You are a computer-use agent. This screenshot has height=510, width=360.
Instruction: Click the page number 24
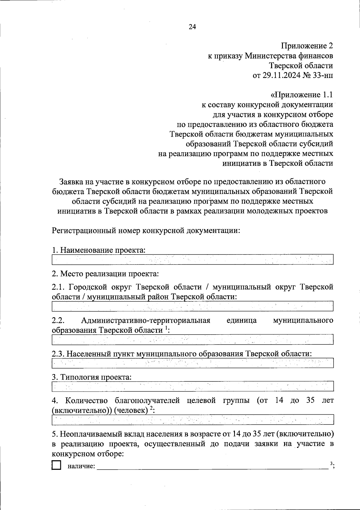point(192,27)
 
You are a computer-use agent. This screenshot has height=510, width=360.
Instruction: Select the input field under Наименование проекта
point(193,260)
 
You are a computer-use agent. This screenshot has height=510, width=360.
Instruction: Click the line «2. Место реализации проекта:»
point(105,273)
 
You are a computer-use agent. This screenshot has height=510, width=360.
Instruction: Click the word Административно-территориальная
point(145,320)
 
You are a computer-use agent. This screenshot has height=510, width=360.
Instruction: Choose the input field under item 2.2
point(193,339)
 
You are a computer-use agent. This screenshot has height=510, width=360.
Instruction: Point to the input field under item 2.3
point(193,363)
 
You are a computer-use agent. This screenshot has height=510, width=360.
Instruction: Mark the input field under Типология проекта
point(193,386)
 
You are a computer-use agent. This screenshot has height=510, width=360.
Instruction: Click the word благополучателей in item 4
point(147,400)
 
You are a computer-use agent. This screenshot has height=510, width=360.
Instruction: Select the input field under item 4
point(193,420)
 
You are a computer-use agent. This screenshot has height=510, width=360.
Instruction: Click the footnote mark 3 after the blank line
point(331,463)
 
